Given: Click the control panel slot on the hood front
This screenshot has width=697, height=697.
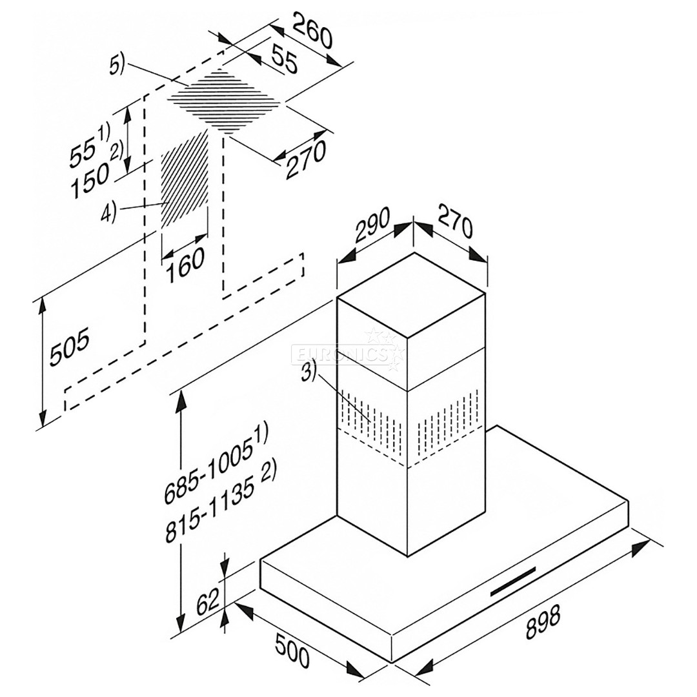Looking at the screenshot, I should (513, 583).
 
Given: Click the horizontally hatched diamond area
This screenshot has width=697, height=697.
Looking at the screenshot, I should (226, 102).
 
